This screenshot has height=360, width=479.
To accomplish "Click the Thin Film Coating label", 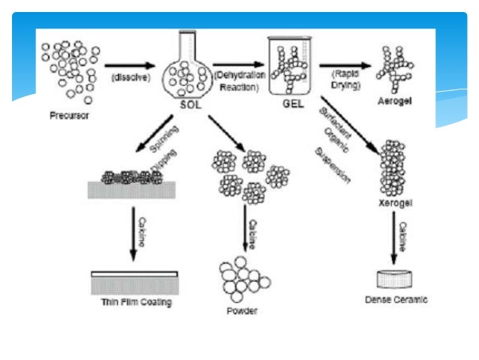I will tap(136, 303).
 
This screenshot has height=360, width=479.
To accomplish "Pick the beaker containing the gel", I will tap(289, 67).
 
